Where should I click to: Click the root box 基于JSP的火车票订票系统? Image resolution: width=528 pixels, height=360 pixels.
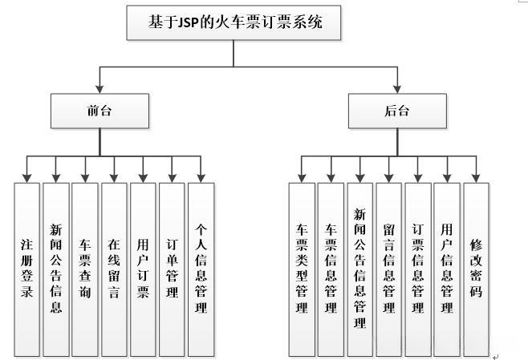click(x=234, y=23)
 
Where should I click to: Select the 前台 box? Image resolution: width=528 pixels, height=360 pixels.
click(x=100, y=111)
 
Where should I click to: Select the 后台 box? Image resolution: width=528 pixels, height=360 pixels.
click(x=397, y=111)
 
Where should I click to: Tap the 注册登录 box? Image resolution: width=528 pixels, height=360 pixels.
click(x=26, y=269)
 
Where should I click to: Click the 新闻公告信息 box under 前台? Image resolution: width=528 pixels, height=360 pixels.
click(x=55, y=269)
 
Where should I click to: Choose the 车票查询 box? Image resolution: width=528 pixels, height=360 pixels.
click(x=84, y=269)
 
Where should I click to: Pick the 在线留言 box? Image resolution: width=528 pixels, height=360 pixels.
click(x=114, y=269)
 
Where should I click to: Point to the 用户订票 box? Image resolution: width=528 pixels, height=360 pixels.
click(x=143, y=269)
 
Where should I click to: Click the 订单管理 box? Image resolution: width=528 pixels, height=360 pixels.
click(x=172, y=269)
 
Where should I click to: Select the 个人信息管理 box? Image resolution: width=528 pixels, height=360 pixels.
click(x=201, y=269)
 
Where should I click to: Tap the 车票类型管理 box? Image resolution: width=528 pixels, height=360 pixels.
click(x=302, y=269)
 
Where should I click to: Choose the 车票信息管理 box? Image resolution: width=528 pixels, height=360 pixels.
click(x=331, y=269)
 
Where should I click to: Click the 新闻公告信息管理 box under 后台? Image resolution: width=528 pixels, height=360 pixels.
click(x=359, y=269)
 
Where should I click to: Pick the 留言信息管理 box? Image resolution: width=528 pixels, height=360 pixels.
click(x=388, y=269)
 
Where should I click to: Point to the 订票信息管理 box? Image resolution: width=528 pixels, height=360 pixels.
click(x=417, y=269)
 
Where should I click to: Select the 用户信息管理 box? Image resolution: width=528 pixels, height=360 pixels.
click(x=447, y=269)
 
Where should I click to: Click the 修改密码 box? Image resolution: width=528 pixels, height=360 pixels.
click(x=476, y=269)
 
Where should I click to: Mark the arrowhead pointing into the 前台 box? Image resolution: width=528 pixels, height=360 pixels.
click(x=100, y=89)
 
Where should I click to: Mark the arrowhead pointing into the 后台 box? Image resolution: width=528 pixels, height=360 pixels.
click(x=397, y=89)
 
